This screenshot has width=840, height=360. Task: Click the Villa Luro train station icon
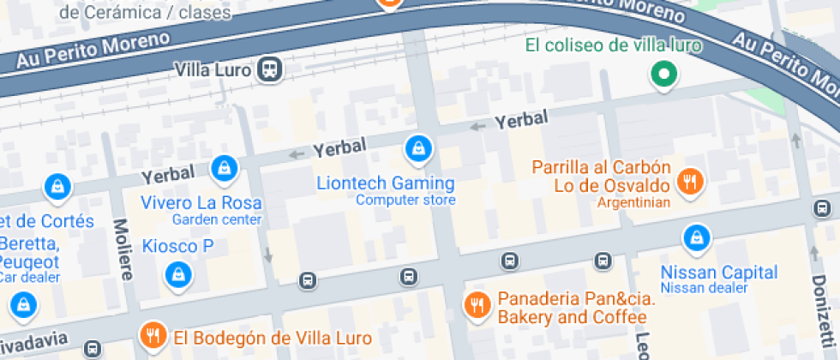[271, 69]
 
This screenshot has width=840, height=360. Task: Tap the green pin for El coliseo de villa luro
[663, 75]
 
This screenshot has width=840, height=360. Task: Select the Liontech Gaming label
[386, 183]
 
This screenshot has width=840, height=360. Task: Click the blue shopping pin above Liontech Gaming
[417, 149]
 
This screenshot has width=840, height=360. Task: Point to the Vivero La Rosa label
[201, 203]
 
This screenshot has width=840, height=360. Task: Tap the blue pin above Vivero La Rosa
[224, 168]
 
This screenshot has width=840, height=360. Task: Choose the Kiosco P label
[177, 246]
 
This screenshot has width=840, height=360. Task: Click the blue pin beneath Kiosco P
[177, 274]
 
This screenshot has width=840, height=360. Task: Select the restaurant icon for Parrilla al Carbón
[689, 180]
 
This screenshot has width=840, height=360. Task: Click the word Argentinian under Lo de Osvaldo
[633, 203]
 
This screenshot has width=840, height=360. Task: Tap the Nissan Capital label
[719, 273]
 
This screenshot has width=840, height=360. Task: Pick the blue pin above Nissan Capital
[696, 237]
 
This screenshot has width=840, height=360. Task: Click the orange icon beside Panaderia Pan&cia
[477, 304]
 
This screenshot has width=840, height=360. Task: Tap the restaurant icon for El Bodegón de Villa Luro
[153, 335]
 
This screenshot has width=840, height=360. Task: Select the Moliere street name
[122, 249]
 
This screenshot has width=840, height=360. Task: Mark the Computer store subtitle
[405, 201]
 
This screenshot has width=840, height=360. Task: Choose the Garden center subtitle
[216, 220]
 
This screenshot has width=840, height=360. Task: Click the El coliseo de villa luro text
[614, 45]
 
